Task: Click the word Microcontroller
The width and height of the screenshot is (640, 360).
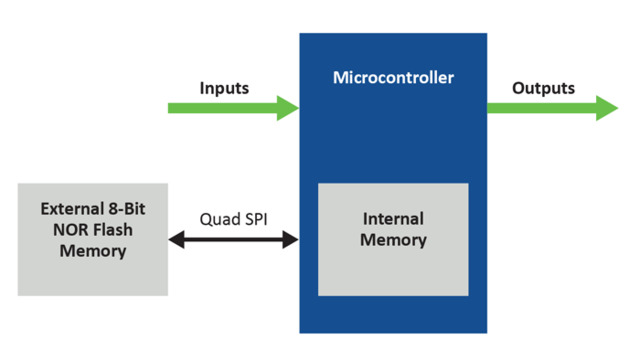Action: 393,78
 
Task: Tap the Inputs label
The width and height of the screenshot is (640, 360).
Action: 224,88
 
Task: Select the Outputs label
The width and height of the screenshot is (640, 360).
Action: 543,88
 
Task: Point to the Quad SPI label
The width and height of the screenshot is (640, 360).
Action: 232,219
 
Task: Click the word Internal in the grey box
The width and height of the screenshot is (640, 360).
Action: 393,219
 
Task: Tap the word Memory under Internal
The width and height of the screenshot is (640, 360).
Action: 393,240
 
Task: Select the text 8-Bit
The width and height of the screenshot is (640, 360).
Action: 128,209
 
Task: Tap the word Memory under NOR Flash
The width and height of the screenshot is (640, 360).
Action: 92,250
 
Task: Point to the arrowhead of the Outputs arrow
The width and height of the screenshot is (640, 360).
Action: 607,108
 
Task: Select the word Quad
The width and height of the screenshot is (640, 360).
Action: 218,219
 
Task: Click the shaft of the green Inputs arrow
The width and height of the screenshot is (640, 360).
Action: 220,108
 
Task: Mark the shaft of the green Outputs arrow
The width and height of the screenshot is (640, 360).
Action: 540,108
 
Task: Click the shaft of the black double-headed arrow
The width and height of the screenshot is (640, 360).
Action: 233,240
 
